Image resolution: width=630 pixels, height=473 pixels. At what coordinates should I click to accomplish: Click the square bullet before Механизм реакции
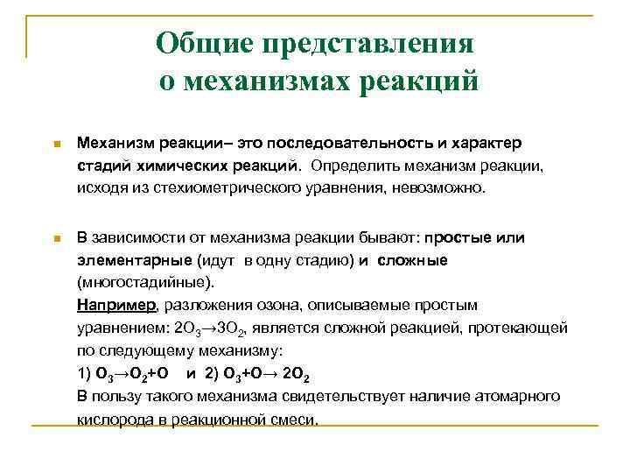click(55, 144)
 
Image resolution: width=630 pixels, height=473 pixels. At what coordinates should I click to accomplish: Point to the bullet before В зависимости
click(55, 239)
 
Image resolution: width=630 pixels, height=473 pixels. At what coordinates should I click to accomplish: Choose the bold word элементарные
click(133, 260)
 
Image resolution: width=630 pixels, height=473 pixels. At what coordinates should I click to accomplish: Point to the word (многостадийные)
click(143, 283)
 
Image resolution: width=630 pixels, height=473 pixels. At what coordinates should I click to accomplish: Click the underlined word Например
click(115, 305)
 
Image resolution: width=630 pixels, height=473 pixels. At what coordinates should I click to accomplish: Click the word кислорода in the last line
click(113, 419)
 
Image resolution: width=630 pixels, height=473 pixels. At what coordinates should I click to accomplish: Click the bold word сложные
click(413, 260)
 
